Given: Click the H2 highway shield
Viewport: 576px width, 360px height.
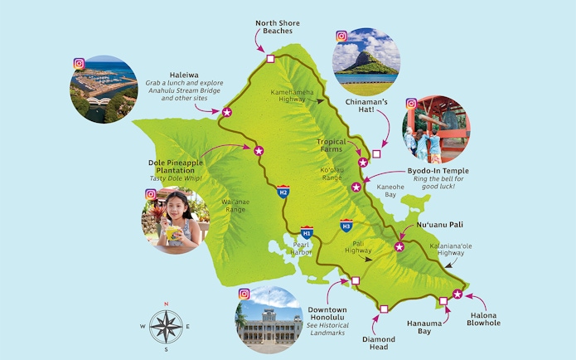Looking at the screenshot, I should tap(283, 192).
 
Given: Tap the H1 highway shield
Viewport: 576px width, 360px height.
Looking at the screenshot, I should tap(307, 232).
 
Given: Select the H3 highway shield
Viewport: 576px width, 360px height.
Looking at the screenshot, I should tap(346, 225).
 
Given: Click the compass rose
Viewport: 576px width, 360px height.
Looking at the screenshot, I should tap(166, 326).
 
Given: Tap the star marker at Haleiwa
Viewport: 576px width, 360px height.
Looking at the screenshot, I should tap(226, 112).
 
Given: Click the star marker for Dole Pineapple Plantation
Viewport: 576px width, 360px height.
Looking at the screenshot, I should tap(259, 150).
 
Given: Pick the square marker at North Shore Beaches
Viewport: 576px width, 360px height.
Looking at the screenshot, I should tap(270, 59).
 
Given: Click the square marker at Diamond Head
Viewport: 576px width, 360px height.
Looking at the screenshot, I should tap(383, 309).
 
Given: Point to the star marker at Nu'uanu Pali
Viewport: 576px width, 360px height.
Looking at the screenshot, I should tap(399, 246).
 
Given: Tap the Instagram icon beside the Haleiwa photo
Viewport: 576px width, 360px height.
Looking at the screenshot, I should tap(80, 63).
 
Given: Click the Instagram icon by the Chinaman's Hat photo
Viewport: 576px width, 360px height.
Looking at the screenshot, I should tap(341, 36).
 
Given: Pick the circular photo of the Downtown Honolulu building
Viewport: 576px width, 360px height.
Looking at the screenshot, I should tap(269, 319).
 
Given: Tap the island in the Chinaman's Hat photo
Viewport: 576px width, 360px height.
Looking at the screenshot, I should tap(365, 61).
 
